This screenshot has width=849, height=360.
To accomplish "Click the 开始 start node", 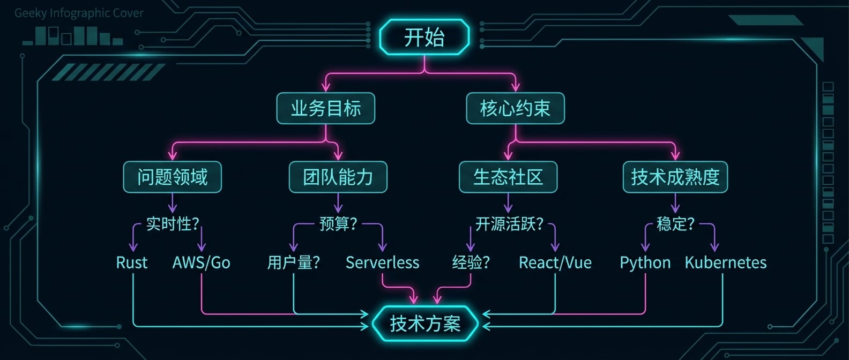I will (424, 37).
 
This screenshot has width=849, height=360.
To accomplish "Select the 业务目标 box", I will (325, 109).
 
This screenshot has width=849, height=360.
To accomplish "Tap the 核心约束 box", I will (515, 109).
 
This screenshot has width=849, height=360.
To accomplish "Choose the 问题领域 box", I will (172, 177).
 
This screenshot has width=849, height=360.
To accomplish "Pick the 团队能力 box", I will (338, 177).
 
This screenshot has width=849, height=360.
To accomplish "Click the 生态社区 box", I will (508, 177).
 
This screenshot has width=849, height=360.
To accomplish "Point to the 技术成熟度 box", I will (675, 177).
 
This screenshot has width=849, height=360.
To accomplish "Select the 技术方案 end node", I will (425, 324).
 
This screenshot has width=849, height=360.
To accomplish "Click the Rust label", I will (132, 262).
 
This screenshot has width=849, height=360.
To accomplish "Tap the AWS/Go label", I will (202, 262).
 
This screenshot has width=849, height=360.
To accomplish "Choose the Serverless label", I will (382, 262).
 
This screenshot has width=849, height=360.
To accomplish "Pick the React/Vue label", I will (555, 262).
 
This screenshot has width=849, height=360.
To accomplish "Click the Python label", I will (645, 262).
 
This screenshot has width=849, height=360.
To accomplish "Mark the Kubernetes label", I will (725, 262).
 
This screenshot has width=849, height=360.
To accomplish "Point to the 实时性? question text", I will (173, 224).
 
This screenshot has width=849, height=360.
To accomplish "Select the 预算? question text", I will (338, 224).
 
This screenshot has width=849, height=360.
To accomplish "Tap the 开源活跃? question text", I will (509, 224).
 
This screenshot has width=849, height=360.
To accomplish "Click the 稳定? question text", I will (675, 224).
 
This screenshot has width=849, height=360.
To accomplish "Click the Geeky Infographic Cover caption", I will (79, 13).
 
